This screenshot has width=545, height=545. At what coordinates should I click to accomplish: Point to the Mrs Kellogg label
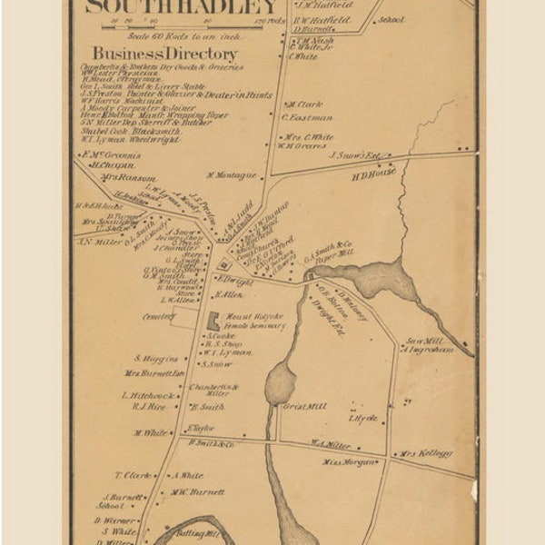[425, 453]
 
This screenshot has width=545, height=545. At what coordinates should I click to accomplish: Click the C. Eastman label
[307, 117]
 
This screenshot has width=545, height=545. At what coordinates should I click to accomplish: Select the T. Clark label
[132, 475]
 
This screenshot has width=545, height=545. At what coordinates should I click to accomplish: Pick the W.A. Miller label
[331, 444]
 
